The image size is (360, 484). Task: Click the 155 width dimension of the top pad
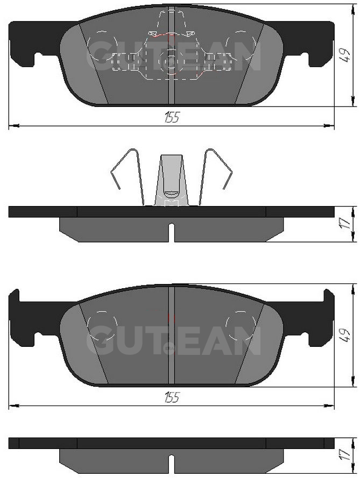[x=172, y=117]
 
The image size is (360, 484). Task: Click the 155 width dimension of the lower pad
[x=172, y=397]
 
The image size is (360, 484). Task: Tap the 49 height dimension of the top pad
[x=344, y=55]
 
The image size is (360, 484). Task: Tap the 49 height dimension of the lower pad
[x=344, y=335]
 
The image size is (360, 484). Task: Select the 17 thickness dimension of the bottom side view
[x=345, y=454]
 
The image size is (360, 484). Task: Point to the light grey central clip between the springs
[x=171, y=180]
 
